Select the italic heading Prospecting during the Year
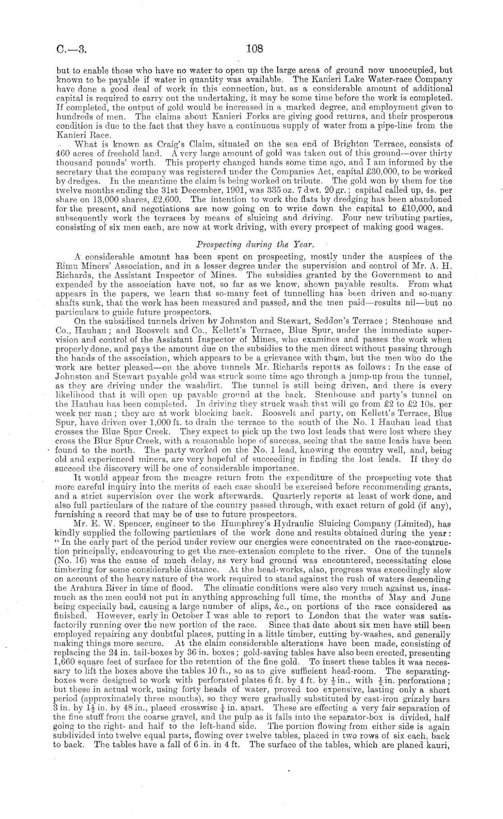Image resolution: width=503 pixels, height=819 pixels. (x=251, y=244)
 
